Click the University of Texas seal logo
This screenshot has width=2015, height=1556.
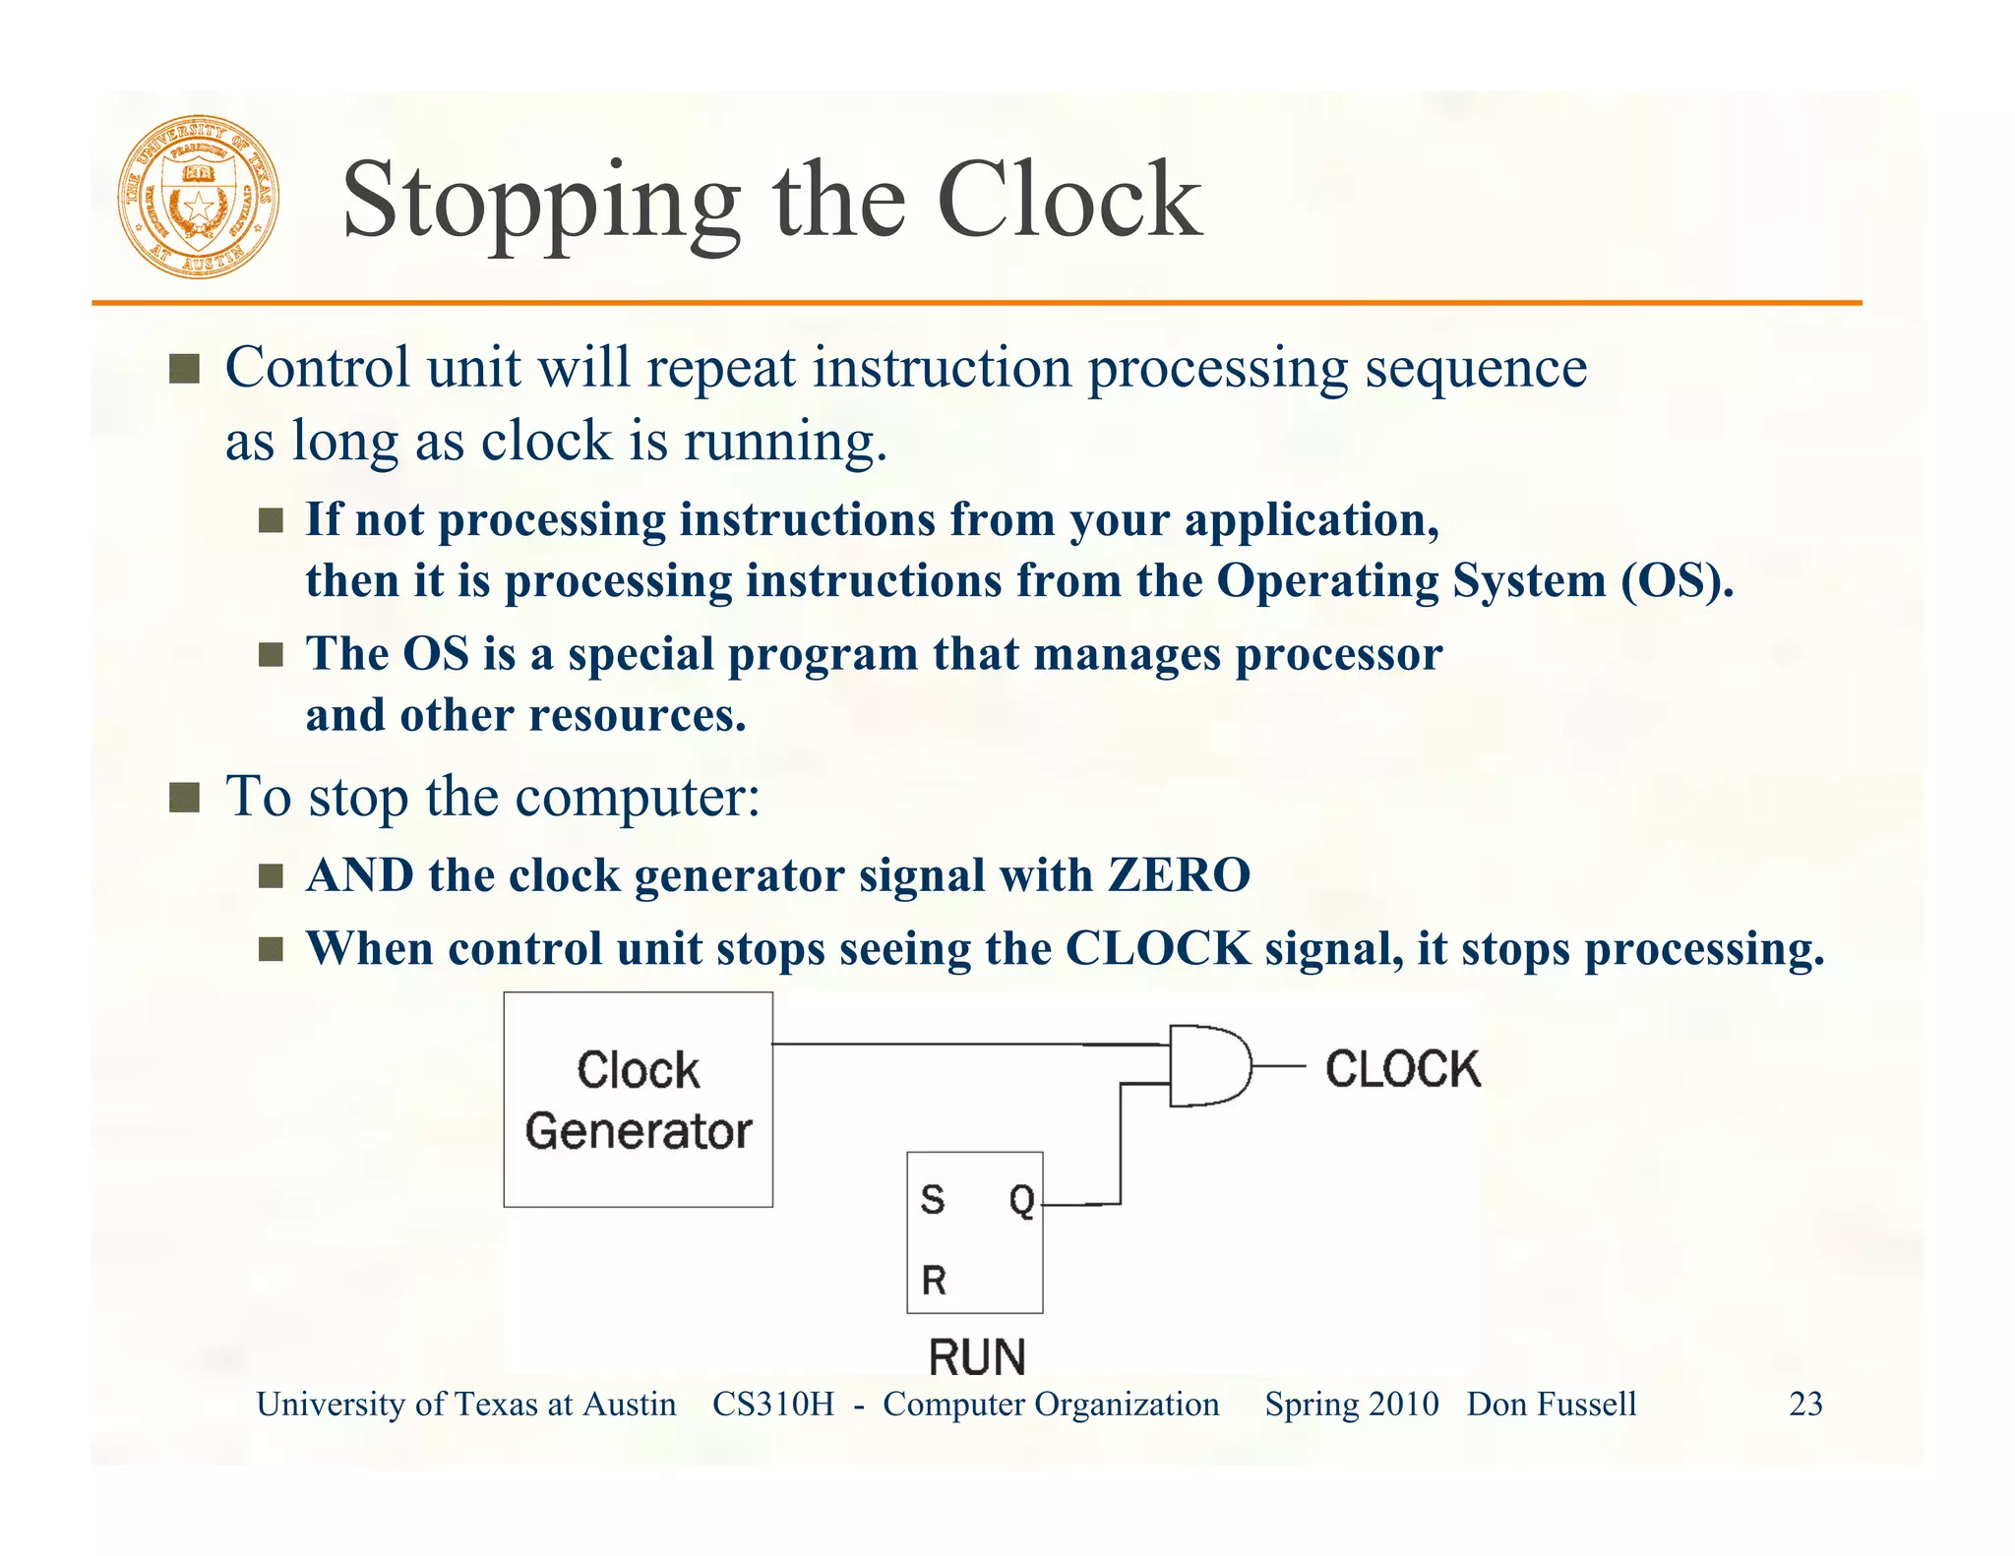coord(199,197)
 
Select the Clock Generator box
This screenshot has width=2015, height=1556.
coord(638,1099)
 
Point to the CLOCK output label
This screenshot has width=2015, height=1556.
coord(1402,1069)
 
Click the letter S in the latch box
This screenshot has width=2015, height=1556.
coord(932,1200)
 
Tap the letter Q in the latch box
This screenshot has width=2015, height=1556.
coord(1021,1201)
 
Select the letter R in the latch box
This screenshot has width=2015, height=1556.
coord(934,1281)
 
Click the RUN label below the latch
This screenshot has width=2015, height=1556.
coord(977,1357)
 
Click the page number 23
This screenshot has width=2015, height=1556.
coord(1805,1404)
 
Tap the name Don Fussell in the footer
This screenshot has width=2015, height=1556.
coord(1552,1404)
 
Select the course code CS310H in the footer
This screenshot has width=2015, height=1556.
coord(772,1404)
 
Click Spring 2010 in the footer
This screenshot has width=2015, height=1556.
coord(1351,1404)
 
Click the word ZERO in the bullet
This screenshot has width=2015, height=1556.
coord(1179,874)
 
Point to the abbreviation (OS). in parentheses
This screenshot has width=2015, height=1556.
coord(1677,580)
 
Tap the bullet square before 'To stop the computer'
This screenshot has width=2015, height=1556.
coord(184,797)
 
